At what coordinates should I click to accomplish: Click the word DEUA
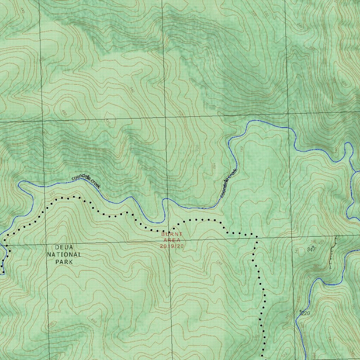pos(64,247)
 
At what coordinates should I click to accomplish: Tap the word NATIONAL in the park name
pos(64,255)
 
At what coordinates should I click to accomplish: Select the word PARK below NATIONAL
pos(64,262)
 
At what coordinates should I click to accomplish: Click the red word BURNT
pos(172,234)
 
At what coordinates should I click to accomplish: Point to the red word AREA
pos(172,240)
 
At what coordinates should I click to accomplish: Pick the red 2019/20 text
pos(172,246)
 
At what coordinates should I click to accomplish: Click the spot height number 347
pos(311,250)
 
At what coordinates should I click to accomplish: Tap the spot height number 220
pos(306,313)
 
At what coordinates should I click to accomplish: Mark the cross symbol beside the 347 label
pos(313,246)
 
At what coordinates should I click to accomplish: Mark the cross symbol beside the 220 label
pos(300,311)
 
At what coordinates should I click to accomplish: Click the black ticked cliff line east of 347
pos(332,251)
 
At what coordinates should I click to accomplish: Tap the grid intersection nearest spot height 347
pos(292,238)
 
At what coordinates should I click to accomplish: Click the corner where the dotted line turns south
pos(256,236)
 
